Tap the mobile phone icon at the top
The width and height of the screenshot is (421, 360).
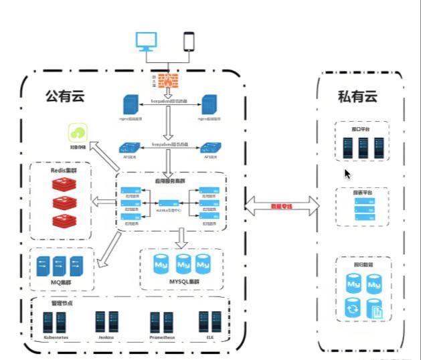[x=189, y=41]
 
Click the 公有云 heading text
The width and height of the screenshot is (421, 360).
[x=61, y=96]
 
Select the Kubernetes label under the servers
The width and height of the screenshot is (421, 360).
[x=56, y=339]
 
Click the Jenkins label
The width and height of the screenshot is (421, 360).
[x=106, y=339]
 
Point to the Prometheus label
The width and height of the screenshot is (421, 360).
[x=162, y=339]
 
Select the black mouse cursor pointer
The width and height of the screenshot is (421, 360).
[x=347, y=173]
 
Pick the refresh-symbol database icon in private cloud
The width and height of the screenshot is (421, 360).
[x=352, y=308]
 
